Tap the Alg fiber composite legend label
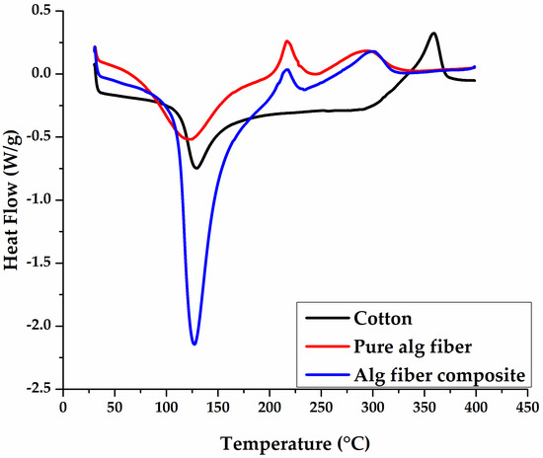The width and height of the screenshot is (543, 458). [430, 372]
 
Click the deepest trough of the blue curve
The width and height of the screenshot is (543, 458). [194, 343]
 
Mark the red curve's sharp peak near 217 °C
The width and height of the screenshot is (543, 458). [287, 41]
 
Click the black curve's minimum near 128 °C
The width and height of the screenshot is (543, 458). [196, 168]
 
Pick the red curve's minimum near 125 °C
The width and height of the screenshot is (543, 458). [192, 139]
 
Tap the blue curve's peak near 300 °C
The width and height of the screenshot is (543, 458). [372, 51]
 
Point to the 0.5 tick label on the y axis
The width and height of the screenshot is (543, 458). [41, 11]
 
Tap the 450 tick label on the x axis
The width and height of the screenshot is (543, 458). [527, 406]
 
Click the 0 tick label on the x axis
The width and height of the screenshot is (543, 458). [62, 406]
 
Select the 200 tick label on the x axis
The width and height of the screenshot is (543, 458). [269, 406]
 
